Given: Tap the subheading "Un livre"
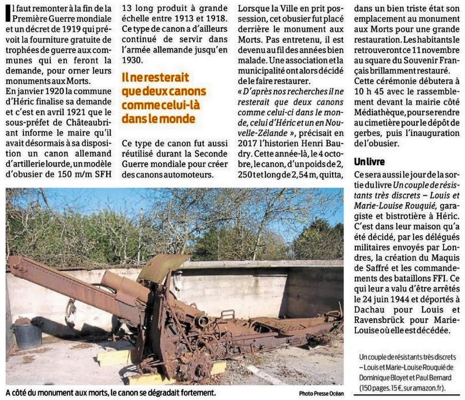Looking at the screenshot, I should [x=369, y=162].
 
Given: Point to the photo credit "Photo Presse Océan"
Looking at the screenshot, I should [x=321, y=393].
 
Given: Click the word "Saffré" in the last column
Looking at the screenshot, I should [x=372, y=268].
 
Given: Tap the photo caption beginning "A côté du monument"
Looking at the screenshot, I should [x=111, y=393].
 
